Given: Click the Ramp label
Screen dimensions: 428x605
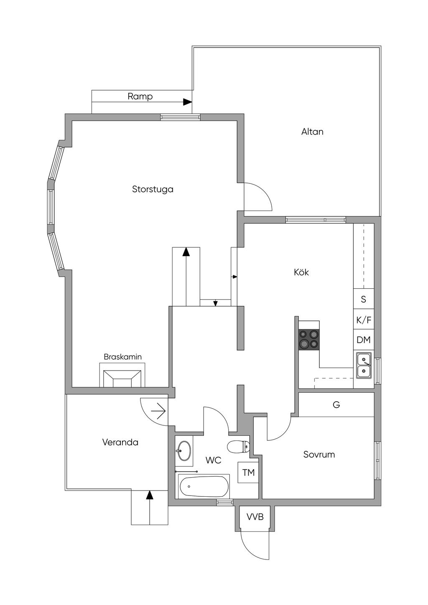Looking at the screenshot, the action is tap(140, 97).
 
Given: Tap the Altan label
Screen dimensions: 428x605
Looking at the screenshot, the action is tap(312, 132).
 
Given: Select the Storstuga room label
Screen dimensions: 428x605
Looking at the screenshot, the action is tap(153, 189).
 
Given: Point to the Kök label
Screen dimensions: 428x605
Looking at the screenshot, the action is tap(301, 272).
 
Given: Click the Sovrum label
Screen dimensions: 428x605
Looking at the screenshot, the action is tap(319, 455).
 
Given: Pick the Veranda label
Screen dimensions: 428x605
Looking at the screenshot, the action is tap(120, 442).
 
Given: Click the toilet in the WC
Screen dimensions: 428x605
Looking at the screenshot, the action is tap(239, 447).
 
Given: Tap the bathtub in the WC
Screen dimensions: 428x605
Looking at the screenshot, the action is tap(204, 486).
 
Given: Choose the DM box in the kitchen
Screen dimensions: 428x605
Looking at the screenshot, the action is tap(364, 340).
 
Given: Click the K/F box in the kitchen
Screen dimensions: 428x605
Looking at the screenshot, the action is tap(364, 320).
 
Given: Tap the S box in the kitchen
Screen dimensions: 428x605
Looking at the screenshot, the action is tap(364, 299).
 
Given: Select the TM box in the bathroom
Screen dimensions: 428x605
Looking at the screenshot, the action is tap(248, 473).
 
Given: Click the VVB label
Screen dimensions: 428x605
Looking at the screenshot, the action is tap(255, 517).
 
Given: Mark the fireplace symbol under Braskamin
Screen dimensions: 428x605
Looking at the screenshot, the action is tap(122, 378).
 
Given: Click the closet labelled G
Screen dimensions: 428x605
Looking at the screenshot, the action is tap(336, 404).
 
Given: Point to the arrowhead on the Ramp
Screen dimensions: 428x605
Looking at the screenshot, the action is tap(187, 102).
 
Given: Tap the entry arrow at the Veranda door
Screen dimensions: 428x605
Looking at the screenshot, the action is tap(158, 412).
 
